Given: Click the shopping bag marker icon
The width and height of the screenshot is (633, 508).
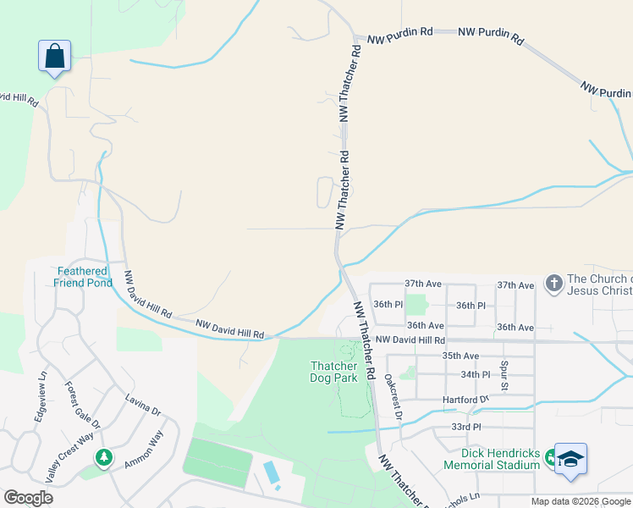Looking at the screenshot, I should [x=54, y=57].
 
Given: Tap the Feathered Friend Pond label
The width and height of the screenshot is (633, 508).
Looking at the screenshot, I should [x=83, y=277].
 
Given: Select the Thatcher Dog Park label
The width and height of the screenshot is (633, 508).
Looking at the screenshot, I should [x=334, y=372].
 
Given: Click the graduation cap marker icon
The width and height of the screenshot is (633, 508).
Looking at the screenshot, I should [x=571, y=459].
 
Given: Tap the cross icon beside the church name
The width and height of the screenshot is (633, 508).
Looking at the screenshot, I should [x=553, y=284].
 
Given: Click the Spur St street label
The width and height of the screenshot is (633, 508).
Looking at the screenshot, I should [x=504, y=375].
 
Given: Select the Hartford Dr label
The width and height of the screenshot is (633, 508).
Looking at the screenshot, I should [x=465, y=399].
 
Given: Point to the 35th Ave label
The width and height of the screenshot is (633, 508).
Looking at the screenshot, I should [x=460, y=356].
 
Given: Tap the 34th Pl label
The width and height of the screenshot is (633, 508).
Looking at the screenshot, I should [x=475, y=374].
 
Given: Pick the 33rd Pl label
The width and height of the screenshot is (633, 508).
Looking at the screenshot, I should [x=465, y=428].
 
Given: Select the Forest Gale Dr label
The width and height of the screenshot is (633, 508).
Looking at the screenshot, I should [x=83, y=406].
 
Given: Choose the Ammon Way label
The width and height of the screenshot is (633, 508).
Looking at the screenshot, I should [x=143, y=450].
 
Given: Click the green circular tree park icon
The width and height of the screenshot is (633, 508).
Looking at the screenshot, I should [x=104, y=458].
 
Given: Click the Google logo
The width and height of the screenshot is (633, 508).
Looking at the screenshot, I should [x=28, y=498].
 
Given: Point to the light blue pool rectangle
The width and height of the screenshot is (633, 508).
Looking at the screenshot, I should [x=271, y=473].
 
